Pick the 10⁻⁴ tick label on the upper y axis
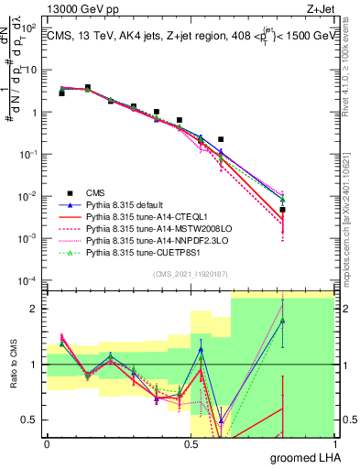click(x=29, y=279)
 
